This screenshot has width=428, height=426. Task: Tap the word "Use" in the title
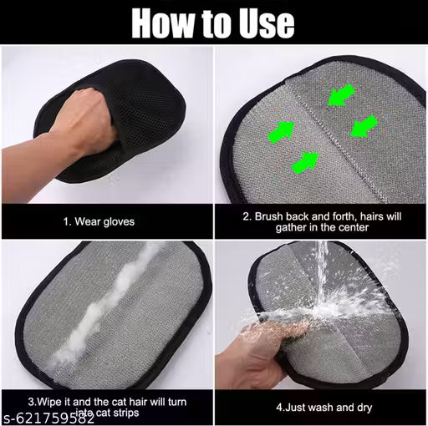[262, 23]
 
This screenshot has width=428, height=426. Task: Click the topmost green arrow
[338, 97]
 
